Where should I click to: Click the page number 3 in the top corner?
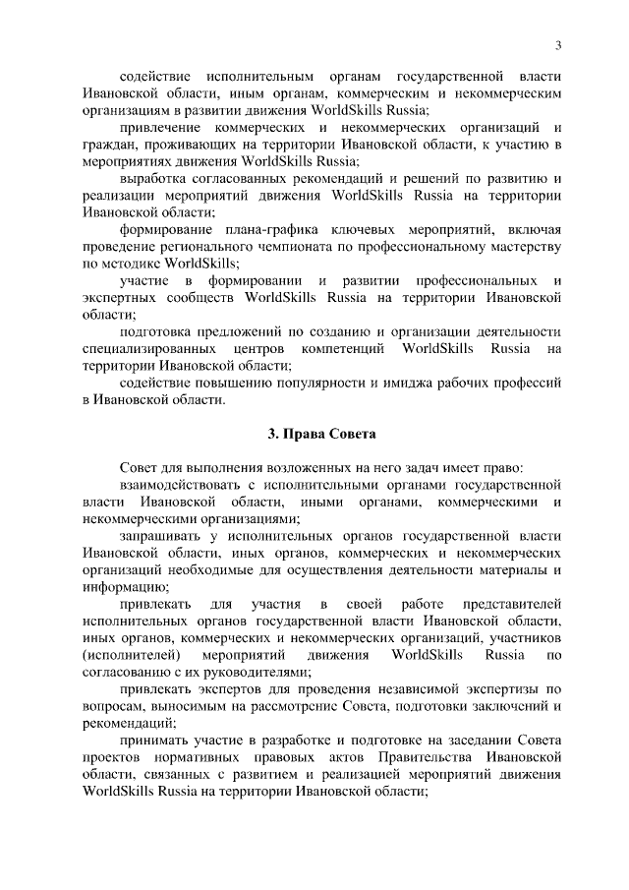click(557, 45)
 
